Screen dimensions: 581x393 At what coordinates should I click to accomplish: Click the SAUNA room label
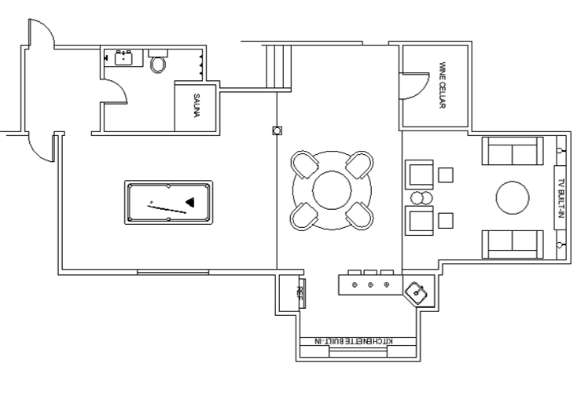pyautogui.click(x=197, y=106)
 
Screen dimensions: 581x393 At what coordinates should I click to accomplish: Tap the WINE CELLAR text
pyautogui.click(x=442, y=85)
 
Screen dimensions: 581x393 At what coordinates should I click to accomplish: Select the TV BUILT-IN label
pyautogui.click(x=561, y=198)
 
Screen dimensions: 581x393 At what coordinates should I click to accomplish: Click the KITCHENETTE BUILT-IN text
pyautogui.click(x=354, y=341)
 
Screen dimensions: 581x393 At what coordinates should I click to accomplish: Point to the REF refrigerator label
pyautogui.click(x=300, y=292)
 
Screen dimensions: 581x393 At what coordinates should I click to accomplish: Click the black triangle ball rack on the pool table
pyautogui.click(x=190, y=202)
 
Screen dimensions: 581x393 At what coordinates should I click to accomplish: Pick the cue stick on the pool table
pyautogui.click(x=167, y=209)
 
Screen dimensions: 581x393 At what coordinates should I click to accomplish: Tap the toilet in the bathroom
pyautogui.click(x=158, y=61)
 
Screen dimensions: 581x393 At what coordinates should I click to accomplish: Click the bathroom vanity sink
pyautogui.click(x=123, y=58)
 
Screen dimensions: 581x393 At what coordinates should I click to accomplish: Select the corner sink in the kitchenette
pyautogui.click(x=417, y=293)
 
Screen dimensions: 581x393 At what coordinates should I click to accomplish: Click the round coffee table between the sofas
pyautogui.click(x=513, y=197)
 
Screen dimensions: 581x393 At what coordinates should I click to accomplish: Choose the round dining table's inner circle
pyautogui.click(x=332, y=190)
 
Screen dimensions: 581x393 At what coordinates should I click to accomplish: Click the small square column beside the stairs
pyautogui.click(x=277, y=130)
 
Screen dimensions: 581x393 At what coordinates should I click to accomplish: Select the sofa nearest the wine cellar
pyautogui.click(x=513, y=151)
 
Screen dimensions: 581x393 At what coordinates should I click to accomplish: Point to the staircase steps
pyautogui.click(x=278, y=67)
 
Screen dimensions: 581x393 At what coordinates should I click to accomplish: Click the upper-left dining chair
pyautogui.click(x=304, y=164)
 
